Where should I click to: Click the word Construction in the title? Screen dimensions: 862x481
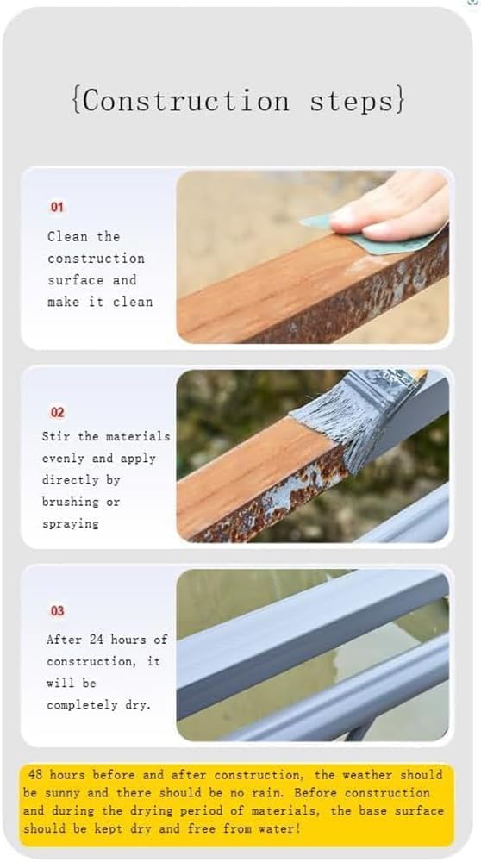point(184,102)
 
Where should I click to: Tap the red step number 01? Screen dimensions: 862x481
point(57,208)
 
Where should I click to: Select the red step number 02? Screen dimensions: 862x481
point(57,413)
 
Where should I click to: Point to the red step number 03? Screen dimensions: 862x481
point(57,611)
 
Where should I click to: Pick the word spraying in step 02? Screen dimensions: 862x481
point(71,523)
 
